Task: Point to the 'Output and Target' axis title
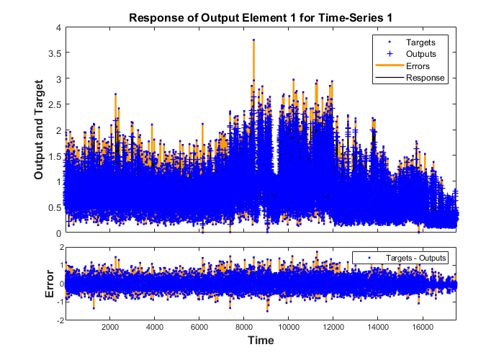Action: (x=40, y=130)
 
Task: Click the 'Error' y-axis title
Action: (x=49, y=284)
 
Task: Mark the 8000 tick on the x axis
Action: (x=244, y=326)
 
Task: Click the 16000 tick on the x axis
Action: (x=422, y=326)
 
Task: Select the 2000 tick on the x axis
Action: (x=110, y=326)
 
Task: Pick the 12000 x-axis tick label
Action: (x=333, y=326)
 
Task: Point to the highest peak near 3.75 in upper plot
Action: (x=253, y=40)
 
